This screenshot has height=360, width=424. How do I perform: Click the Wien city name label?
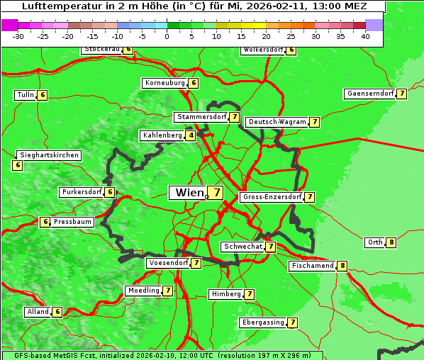click(188, 193)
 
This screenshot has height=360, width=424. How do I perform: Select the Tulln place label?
click(25, 95)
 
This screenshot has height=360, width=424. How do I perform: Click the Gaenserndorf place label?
click(369, 94)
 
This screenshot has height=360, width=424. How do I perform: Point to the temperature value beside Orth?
click(391, 242)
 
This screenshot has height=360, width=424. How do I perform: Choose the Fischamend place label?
click(312, 266)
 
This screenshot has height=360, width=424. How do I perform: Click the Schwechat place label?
click(242, 247)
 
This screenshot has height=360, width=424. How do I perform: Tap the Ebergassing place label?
click(262, 322)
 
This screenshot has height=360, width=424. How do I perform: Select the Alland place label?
click(38, 312)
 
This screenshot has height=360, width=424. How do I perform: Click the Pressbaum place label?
click(73, 222)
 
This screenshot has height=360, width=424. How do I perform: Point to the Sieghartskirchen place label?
click(49, 155)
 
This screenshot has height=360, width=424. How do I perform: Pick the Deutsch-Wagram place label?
click(277, 122)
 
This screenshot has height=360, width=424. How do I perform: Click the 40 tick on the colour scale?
click(365, 36)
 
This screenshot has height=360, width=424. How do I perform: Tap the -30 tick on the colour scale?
click(18, 36)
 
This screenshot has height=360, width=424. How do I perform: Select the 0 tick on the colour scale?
click(167, 36)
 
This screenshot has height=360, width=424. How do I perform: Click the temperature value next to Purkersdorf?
click(109, 192)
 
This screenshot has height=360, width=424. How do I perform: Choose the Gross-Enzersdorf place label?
click(272, 197)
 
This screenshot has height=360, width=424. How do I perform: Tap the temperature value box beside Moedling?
click(168, 291)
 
